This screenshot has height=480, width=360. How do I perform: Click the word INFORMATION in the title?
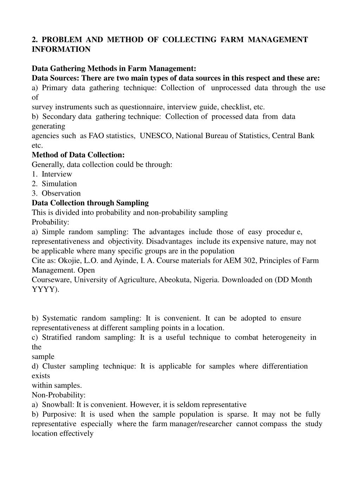pyautogui.click(x=61, y=49)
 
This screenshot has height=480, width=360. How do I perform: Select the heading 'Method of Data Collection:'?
pyautogui.click(x=78, y=155)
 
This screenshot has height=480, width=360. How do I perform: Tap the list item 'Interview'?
pyautogui.click(x=57, y=174)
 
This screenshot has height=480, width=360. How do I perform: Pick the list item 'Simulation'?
pyautogui.click(x=59, y=184)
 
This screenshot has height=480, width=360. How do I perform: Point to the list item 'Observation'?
pyautogui.click(x=61, y=193)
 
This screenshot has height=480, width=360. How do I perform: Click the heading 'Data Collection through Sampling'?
pyautogui.click(x=90, y=203)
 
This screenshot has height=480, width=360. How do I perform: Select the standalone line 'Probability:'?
pyautogui.click(x=50, y=222)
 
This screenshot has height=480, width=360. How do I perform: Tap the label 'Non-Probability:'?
pyautogui.click(x=58, y=395)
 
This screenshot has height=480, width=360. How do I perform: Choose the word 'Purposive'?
pyautogui.click(x=59, y=414)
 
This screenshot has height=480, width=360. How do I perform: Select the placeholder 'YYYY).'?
pyautogui.click(x=45, y=289)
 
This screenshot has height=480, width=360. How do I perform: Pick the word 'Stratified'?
pyautogui.click(x=56, y=338)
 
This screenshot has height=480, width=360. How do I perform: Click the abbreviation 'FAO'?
pyautogui.click(x=97, y=136)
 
